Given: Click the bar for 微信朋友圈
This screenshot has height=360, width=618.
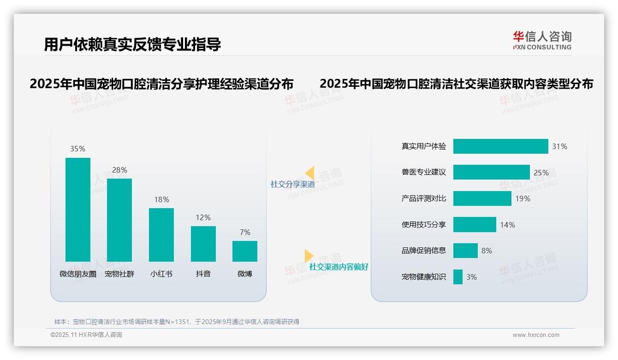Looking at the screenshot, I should [78, 210].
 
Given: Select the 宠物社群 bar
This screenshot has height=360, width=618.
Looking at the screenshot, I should [119, 220].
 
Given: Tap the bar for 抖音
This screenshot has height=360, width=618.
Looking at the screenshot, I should [203, 244].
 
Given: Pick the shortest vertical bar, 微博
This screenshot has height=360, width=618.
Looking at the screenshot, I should [245, 251].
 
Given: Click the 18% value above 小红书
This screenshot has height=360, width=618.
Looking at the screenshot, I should [161, 199].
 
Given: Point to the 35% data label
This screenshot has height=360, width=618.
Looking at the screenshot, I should [77, 149].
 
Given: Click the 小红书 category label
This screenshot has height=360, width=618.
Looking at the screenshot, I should [161, 274].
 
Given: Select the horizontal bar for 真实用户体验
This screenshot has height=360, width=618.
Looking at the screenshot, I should [500, 146].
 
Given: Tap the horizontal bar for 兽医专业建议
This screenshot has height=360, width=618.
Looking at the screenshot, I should [491, 172].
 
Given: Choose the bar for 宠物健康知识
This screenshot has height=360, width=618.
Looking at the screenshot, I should [458, 277].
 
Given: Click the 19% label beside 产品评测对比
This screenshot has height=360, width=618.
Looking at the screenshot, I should [523, 198].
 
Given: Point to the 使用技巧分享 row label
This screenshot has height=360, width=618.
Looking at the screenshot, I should [423, 225].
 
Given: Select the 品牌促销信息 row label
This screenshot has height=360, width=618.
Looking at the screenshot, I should [423, 251].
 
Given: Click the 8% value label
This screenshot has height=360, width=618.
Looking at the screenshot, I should [487, 251].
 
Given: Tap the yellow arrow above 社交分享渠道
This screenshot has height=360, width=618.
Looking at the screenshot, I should [310, 173].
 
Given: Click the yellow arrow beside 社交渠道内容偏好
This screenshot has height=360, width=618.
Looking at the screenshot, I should [309, 256].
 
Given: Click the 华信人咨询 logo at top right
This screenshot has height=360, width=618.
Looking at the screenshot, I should [542, 41].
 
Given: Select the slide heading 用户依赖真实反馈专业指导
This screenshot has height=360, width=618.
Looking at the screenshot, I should [132, 44].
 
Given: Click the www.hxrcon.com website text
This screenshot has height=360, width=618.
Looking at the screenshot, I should [536, 335].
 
